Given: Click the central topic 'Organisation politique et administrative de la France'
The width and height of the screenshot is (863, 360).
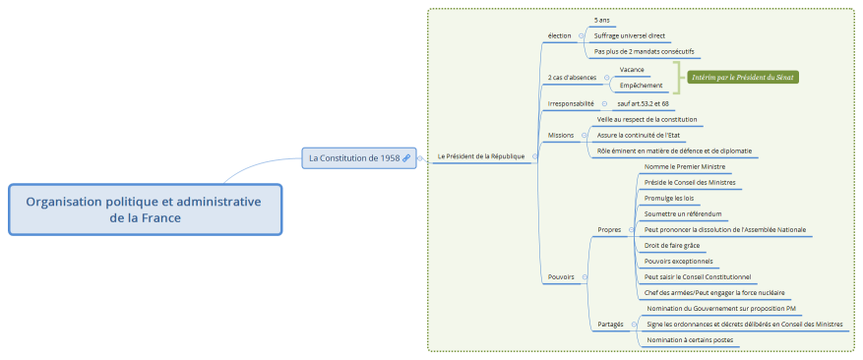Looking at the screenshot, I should pyautogui.click(x=144, y=210).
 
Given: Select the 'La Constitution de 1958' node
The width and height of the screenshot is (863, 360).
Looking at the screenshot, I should pyautogui.click(x=353, y=157).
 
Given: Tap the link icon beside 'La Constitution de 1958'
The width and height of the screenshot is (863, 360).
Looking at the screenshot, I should pyautogui.click(x=406, y=157).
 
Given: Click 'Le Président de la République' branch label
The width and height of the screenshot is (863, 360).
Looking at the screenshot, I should pyautogui.click(x=480, y=156).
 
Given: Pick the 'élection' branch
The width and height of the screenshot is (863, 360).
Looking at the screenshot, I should pyautogui.click(x=559, y=35).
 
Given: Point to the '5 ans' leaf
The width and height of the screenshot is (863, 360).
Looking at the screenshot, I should pyautogui.click(x=602, y=20).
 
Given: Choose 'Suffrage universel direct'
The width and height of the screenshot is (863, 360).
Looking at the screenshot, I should pyautogui.click(x=630, y=35).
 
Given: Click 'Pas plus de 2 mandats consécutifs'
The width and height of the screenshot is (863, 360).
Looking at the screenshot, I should pyautogui.click(x=644, y=51).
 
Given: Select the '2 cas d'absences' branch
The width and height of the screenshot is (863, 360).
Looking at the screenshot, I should pyautogui.click(x=571, y=77).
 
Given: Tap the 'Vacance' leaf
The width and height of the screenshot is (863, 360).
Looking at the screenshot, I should pyautogui.click(x=632, y=69).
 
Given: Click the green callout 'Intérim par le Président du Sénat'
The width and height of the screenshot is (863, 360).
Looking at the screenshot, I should pyautogui.click(x=743, y=77).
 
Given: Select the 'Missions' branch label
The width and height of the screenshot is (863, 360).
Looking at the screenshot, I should pyautogui.click(x=561, y=135).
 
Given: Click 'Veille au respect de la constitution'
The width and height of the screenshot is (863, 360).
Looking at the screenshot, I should pyautogui.click(x=647, y=119).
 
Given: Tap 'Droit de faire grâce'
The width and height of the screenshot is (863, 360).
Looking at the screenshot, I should pyautogui.click(x=671, y=245).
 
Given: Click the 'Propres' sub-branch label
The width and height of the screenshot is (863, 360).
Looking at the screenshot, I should pyautogui.click(x=609, y=229).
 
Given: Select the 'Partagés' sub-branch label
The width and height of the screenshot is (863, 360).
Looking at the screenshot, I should pyautogui.click(x=610, y=324).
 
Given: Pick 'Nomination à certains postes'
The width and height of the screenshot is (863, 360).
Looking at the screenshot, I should pyautogui.click(x=689, y=339).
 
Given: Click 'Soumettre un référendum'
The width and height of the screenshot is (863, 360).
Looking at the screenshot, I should pyautogui.click(x=683, y=213).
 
